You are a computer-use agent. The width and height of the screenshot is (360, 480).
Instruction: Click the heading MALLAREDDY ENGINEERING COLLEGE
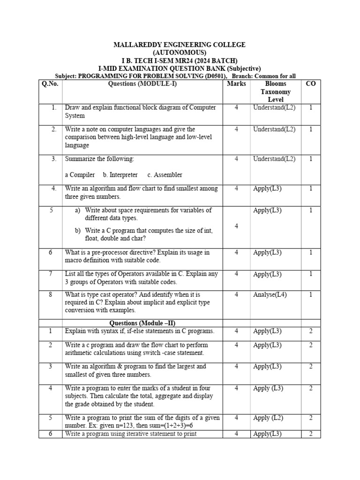click(x=180, y=45)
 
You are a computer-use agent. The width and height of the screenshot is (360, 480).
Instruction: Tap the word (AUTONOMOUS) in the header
click(x=180, y=52)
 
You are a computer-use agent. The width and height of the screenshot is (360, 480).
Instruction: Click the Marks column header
click(x=236, y=84)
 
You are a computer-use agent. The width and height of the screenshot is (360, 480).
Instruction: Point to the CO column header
click(x=310, y=84)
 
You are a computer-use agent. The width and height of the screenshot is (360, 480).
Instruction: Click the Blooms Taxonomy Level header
click(x=276, y=91)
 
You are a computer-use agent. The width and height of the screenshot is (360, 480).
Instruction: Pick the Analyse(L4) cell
click(x=270, y=295)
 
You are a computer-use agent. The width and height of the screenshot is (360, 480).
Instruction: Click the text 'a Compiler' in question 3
click(x=80, y=175)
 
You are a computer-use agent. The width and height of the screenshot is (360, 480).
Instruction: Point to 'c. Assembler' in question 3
click(x=165, y=175)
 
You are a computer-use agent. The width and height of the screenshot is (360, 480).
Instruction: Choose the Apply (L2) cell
click(x=268, y=418)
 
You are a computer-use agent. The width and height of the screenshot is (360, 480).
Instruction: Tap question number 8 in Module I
click(x=54, y=295)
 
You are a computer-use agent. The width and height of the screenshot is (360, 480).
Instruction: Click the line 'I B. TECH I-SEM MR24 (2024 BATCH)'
click(x=180, y=60)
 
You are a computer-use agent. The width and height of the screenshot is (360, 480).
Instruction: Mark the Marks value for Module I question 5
click(x=236, y=226)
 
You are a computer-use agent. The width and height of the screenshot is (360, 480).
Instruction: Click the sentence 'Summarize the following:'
click(x=99, y=159)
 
